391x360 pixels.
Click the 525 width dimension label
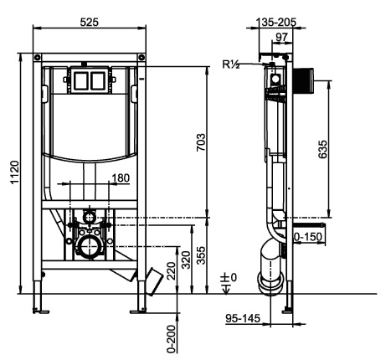(x=90, y=22)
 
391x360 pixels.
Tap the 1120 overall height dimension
(x=14, y=172)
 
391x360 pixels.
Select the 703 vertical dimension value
(x=201, y=142)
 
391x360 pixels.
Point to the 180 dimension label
(x=121, y=178)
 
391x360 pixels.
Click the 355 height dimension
(x=201, y=255)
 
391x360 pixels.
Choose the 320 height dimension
(x=186, y=260)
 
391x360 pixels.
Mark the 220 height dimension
(x=171, y=271)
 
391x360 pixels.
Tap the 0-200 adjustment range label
(x=172, y=339)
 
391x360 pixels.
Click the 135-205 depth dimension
(x=275, y=22)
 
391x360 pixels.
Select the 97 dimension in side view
(x=281, y=37)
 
